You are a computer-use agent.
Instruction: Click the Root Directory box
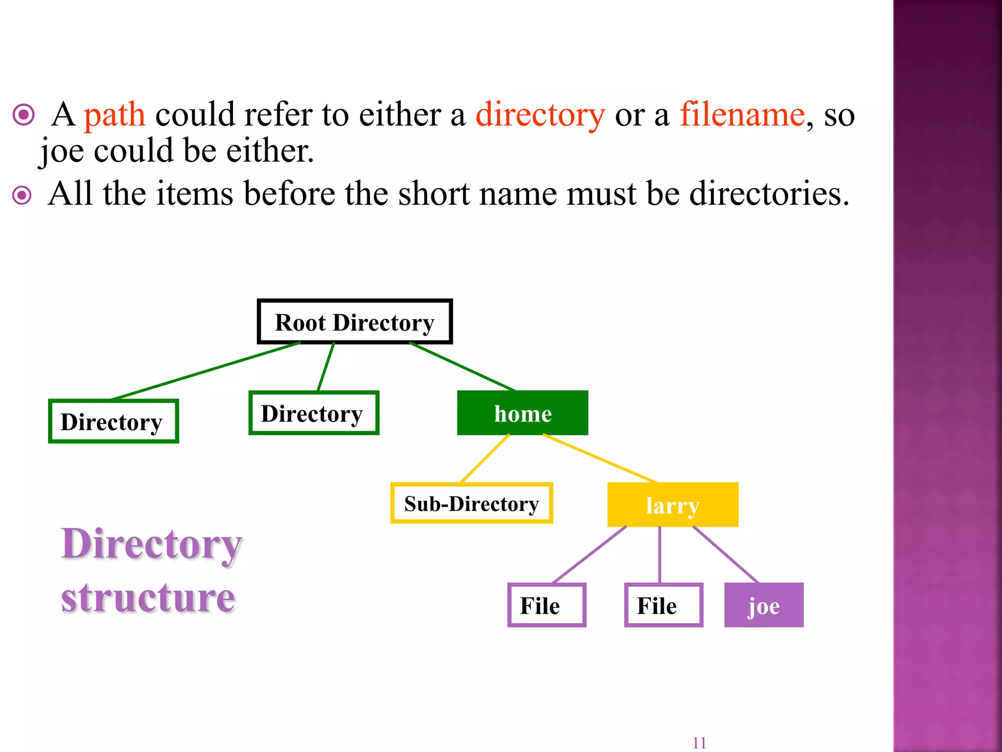tap(355, 322)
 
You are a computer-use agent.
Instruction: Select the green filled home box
tap(523, 413)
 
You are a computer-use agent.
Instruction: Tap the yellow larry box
tap(673, 505)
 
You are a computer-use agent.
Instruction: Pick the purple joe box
tap(764, 605)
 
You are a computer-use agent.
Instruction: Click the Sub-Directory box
tap(472, 503)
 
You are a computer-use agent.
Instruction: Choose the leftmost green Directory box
tap(113, 422)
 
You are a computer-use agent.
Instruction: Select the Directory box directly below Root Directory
tap(314, 413)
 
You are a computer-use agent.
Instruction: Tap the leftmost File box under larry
tap(547, 605)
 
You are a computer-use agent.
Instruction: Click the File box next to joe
tap(663, 605)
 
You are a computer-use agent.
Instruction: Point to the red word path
tap(114, 116)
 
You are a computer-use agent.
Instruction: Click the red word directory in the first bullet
tap(540, 116)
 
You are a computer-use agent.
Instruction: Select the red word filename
tap(742, 115)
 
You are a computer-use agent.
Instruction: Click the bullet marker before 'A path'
tap(23, 116)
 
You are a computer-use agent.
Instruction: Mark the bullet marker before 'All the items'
tap(22, 195)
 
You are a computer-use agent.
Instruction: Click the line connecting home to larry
tap(600, 458)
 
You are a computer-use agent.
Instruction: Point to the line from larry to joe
tap(726, 554)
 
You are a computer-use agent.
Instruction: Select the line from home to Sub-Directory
tap(485, 459)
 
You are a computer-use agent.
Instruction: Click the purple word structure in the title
tap(148, 598)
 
